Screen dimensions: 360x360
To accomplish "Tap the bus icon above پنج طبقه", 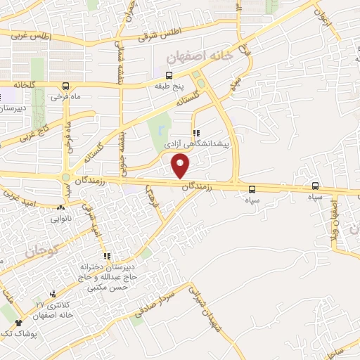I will (169, 75).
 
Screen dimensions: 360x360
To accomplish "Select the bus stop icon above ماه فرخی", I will (65, 86).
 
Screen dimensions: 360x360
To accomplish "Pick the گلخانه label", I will (23, 84).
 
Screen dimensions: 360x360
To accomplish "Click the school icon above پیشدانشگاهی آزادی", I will (196, 132).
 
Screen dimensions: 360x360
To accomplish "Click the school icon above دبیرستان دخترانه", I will (107, 256).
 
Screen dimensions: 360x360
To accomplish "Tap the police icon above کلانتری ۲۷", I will (53, 293).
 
